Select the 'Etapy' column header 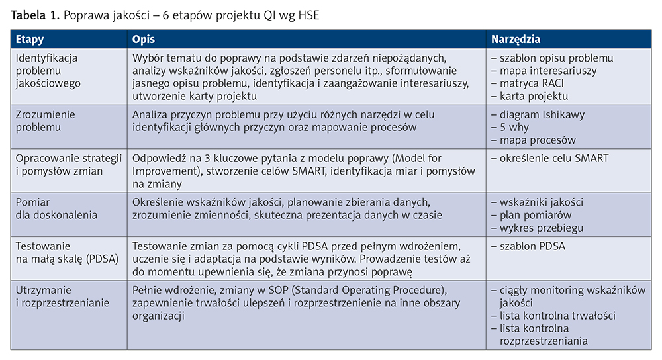pyautogui.click(x=30, y=40)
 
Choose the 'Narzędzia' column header pyautogui.click(x=516, y=40)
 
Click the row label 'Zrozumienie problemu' pyautogui.click(x=45, y=120)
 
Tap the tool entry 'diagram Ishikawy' pyautogui.click(x=542, y=114)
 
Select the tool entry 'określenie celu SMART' pyautogui.click(x=553, y=158)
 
